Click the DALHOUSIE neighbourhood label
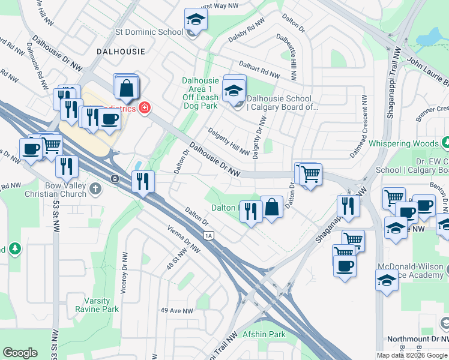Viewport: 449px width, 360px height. click(x=121, y=52)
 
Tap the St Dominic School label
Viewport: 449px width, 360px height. click(x=149, y=32)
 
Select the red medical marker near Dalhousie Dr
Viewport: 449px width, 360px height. click(x=144, y=108)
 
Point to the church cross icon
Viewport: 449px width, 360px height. click(x=95, y=190)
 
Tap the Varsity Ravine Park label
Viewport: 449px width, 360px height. click(x=93, y=305)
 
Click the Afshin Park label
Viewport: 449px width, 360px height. click(x=265, y=334)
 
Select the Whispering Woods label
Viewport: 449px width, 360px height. click(x=403, y=143)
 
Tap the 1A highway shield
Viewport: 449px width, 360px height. click(x=209, y=236)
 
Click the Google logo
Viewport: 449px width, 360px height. click(x=20, y=353)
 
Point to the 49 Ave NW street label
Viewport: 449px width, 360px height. click(x=176, y=311)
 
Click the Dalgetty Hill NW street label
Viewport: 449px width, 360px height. click(x=228, y=141)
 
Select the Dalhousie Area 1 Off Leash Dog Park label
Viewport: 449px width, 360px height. click(x=200, y=93)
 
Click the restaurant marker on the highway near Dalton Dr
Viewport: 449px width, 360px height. click(x=143, y=181)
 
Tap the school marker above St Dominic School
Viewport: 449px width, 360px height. click(x=196, y=20)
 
